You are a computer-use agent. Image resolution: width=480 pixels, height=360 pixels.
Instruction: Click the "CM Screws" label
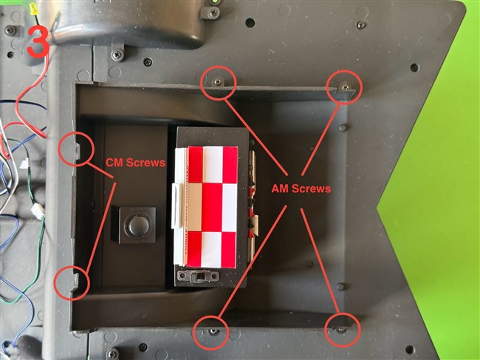point(136,163)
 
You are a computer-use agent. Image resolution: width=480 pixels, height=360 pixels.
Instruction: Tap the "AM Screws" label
point(301,189)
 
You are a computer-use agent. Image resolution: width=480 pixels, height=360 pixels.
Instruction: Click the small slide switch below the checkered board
point(199,276)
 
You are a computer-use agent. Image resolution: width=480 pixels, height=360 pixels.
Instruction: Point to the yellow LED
point(34,9)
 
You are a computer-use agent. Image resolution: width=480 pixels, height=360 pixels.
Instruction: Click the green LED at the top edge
point(215,1)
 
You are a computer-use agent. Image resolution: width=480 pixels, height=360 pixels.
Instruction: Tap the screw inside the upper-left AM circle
point(218,82)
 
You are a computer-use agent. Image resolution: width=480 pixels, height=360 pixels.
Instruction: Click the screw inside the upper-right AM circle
point(346,86)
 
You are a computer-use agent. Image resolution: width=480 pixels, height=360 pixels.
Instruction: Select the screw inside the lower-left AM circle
point(213,331)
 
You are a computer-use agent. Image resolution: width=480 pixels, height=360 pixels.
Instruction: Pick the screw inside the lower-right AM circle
point(341,330)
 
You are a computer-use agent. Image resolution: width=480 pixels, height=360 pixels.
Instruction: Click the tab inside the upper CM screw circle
point(78,152)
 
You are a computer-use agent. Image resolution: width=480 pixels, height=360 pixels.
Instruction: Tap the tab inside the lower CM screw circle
point(76,281)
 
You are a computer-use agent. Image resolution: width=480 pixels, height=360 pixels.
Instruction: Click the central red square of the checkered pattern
point(212,208)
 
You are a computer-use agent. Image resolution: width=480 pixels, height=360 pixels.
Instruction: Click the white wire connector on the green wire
point(38,211)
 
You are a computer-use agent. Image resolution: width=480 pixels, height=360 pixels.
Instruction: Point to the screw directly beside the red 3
point(11,30)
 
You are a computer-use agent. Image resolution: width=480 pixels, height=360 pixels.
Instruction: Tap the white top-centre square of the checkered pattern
point(213,165)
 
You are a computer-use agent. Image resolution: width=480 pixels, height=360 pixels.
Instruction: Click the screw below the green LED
point(213,13)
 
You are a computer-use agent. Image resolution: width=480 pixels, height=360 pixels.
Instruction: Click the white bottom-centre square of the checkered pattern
point(211,249)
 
